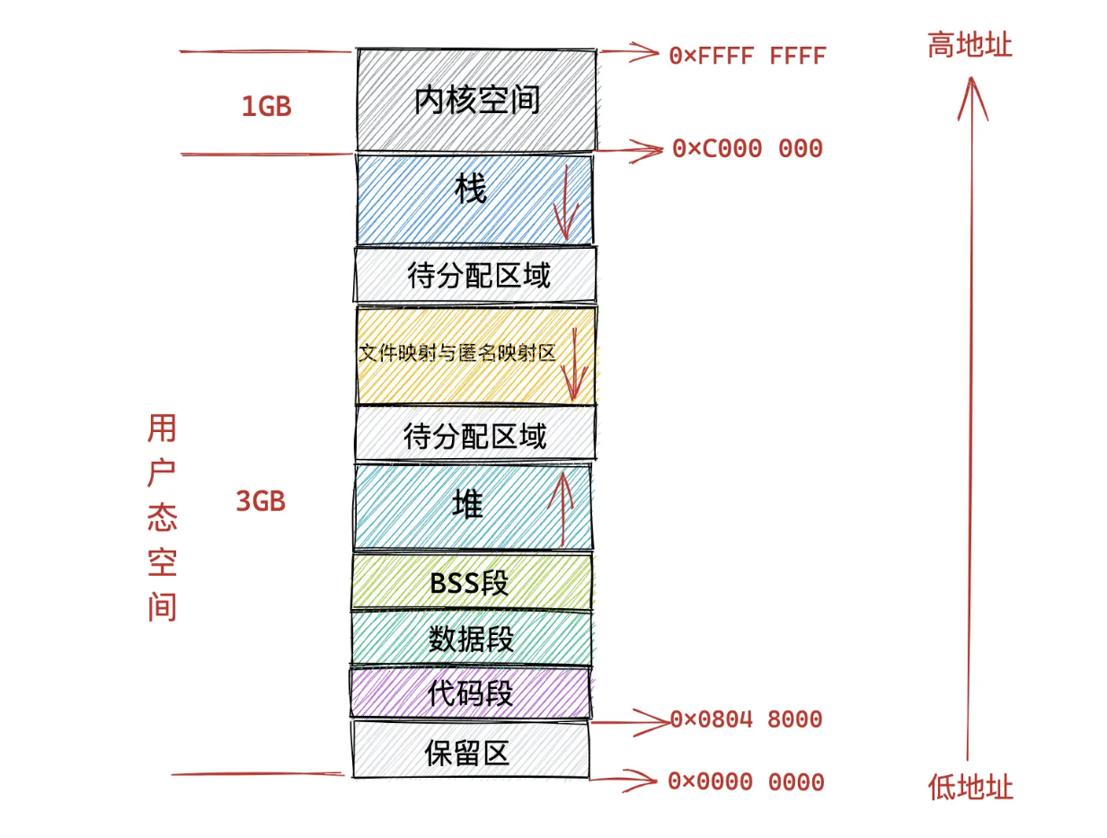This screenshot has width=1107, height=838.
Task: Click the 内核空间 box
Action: [x=476, y=100]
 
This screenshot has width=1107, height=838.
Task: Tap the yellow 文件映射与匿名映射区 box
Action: [x=475, y=355]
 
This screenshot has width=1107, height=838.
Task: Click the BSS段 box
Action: [x=472, y=583]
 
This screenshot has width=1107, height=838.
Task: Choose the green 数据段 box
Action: [x=472, y=639]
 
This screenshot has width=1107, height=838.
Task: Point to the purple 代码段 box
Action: [x=471, y=693]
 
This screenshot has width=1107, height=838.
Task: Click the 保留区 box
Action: [x=470, y=751]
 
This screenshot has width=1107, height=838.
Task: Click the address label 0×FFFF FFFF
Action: [x=747, y=56]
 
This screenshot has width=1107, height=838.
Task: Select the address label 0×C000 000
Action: [x=747, y=149]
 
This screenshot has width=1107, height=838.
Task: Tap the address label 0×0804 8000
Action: [x=746, y=719]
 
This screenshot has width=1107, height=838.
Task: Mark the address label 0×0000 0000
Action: [x=746, y=781]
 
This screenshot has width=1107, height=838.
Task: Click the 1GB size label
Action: [x=266, y=107]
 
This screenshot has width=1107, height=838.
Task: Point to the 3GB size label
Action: [x=261, y=502]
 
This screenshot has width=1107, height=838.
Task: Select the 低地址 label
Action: [x=970, y=788]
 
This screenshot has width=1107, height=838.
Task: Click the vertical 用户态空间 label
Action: [x=162, y=518]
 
